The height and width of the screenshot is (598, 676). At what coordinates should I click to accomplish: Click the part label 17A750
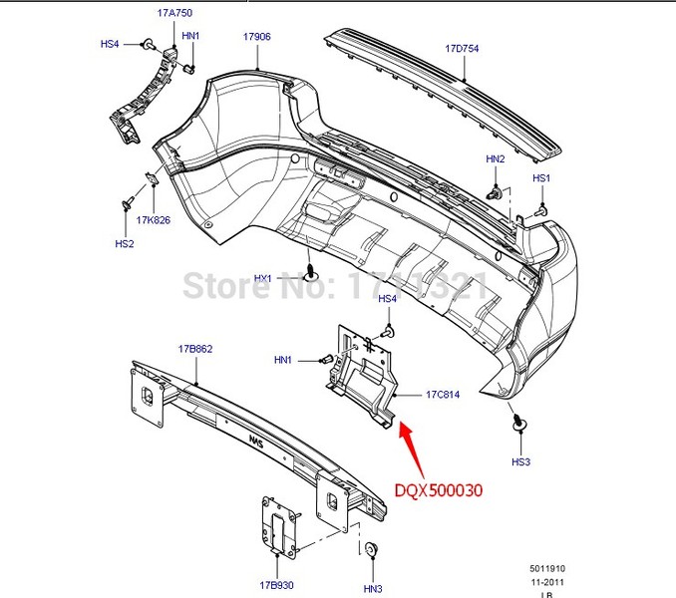[x=173, y=13]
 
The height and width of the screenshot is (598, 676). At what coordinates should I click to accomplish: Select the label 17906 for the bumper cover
[x=257, y=37]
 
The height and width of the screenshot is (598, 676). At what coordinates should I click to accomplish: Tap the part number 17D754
[x=462, y=47]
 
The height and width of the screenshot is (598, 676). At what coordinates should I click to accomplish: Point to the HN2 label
[x=496, y=158]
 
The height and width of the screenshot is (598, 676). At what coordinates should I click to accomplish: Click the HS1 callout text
[x=541, y=178]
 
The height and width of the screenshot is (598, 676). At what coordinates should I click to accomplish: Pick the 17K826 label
[x=154, y=220]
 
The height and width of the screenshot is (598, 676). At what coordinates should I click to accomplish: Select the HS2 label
[x=124, y=243]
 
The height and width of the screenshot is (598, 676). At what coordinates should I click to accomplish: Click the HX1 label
[x=263, y=278]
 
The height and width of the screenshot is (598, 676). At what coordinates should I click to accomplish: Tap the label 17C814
[x=443, y=395]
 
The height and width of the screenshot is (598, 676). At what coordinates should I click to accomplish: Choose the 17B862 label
[x=195, y=349]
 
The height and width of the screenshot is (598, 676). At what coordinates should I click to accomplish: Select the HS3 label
[x=521, y=461]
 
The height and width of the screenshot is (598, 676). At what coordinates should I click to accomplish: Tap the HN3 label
[x=373, y=588]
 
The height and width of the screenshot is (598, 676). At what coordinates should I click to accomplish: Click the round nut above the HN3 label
[x=372, y=549]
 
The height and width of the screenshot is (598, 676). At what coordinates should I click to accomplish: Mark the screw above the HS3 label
[x=519, y=423]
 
